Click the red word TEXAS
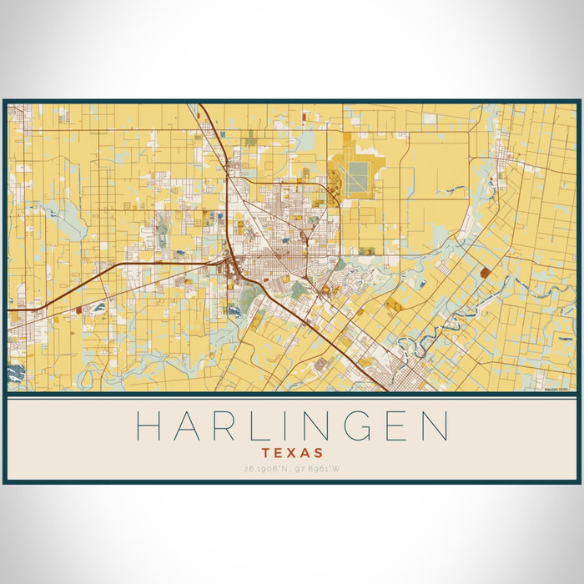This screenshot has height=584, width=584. pyautogui.click(x=292, y=452)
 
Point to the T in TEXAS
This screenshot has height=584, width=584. pyautogui.click(x=265, y=452)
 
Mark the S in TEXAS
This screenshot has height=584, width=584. pyautogui.click(x=320, y=452)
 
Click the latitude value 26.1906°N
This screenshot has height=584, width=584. pyautogui.click(x=266, y=469)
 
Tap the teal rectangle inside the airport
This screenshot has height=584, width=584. pyautogui.click(x=359, y=175)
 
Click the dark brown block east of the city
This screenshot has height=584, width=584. pyautogui.click(x=486, y=272)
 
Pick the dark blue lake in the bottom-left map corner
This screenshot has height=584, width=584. pyautogui.click(x=15, y=375)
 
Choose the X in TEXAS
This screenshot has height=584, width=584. pyautogui.click(x=292, y=452)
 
